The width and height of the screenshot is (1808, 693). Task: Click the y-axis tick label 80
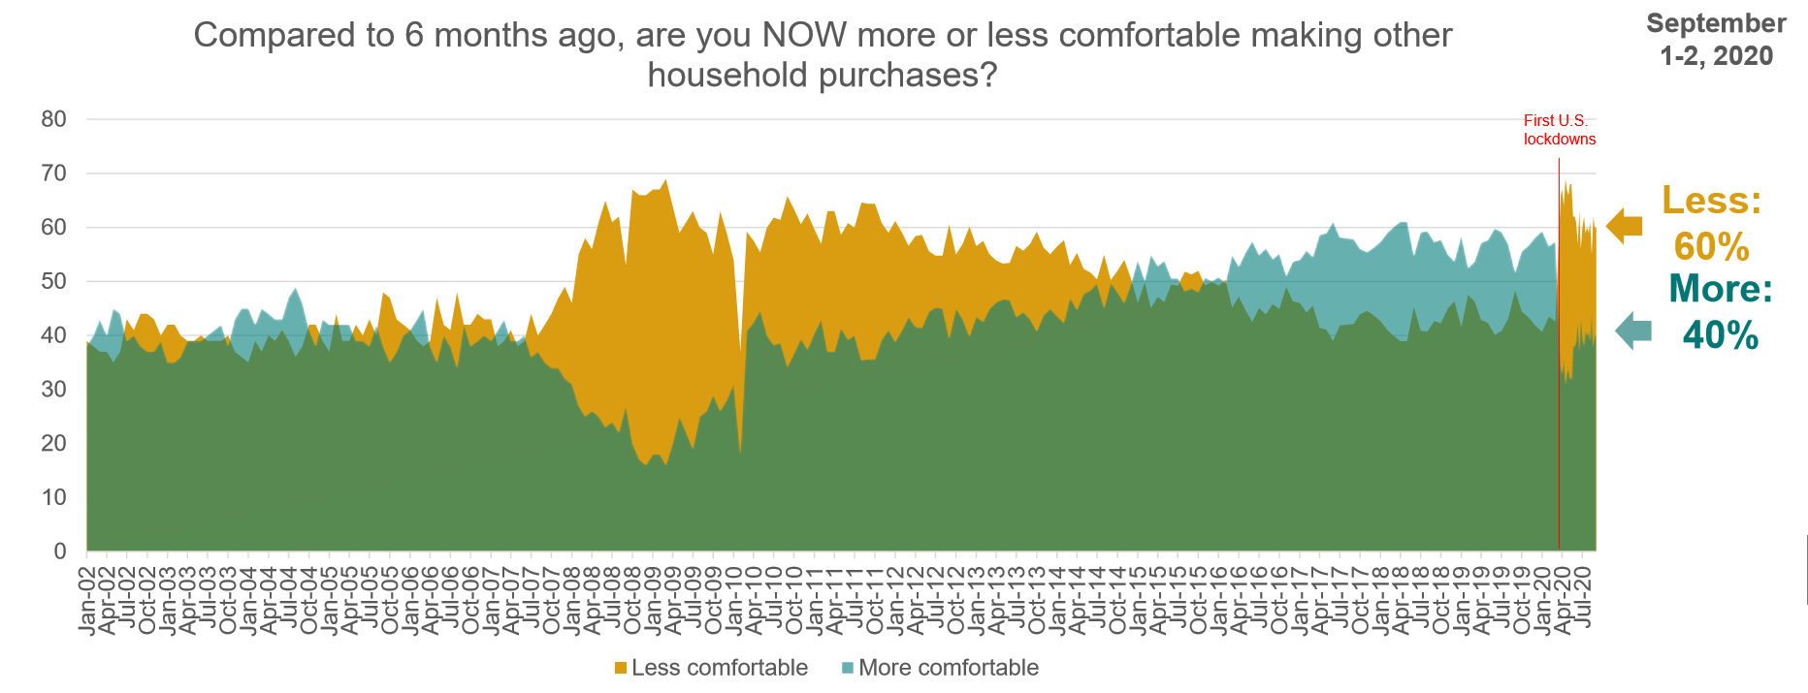54,120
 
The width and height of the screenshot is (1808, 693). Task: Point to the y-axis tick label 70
54,174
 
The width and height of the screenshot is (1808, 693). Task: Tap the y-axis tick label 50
54,282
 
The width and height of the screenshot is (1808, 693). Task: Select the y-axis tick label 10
54,498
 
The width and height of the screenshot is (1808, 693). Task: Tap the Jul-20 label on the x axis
1585,595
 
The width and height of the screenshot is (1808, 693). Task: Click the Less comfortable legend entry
719,668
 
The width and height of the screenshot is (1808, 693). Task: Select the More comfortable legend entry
948,668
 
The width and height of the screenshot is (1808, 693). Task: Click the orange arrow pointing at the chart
1624,226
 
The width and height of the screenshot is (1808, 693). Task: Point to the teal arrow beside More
1632,331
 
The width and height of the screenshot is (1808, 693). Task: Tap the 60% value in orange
1711,247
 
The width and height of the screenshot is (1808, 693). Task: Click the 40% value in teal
1720,335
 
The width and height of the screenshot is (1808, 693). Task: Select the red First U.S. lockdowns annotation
1559,130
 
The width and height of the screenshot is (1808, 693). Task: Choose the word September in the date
1716,23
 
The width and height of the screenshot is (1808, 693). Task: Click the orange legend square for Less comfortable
621,668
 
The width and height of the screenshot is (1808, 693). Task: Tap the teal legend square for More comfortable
847,668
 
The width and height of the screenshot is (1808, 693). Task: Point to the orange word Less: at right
1711,201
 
